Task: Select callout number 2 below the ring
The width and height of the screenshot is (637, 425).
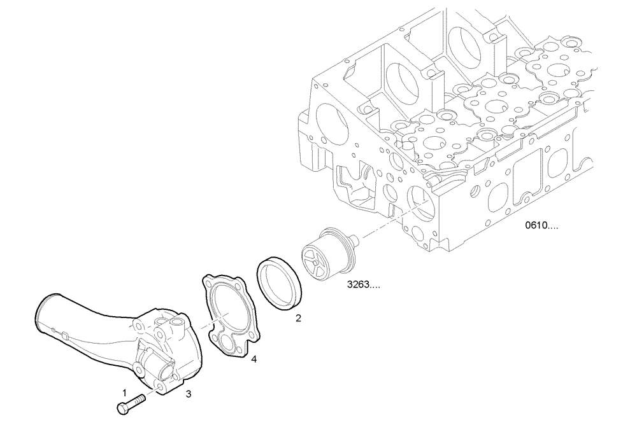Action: click(x=298, y=317)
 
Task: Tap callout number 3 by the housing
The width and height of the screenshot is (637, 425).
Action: click(x=189, y=394)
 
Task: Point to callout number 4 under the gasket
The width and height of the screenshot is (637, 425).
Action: click(x=254, y=360)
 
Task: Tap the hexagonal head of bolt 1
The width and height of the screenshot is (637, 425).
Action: click(x=122, y=408)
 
